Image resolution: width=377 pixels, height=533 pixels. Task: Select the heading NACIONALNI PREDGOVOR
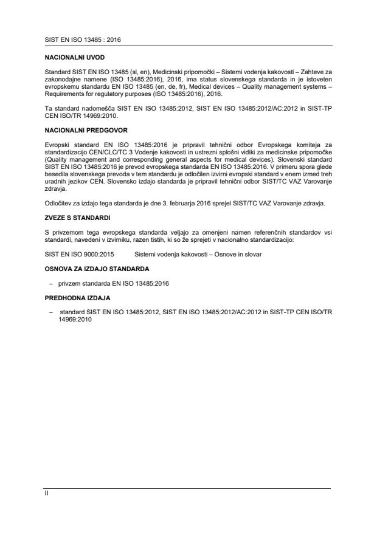click(79, 130)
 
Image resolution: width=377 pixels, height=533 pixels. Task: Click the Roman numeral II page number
click(46, 493)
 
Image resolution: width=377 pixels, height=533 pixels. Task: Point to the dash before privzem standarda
click(50, 283)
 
